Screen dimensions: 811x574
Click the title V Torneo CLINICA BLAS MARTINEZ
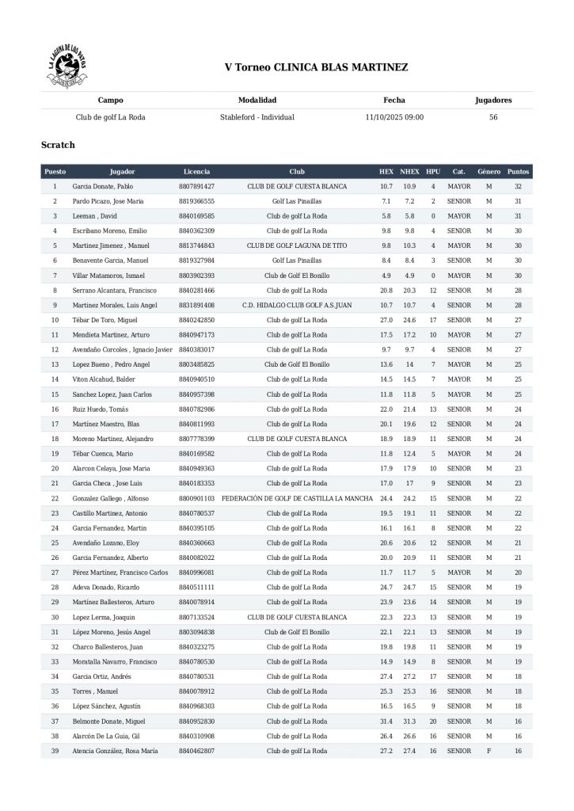(317, 68)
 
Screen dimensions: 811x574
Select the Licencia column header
(196, 171)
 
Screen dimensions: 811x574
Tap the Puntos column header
(518, 171)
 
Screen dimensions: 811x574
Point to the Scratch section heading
(58, 145)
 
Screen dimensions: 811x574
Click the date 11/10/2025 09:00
(394, 116)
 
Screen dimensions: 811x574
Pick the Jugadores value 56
(493, 116)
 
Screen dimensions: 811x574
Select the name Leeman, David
(94, 215)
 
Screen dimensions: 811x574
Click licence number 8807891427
(197, 186)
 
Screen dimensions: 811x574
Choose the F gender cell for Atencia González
(488, 750)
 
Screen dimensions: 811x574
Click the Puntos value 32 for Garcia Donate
(518, 186)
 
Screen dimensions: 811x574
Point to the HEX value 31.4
(386, 722)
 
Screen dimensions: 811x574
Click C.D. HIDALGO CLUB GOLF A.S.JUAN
(297, 305)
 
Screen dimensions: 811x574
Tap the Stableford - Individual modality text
(257, 116)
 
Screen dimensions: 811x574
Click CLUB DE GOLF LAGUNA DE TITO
(297, 246)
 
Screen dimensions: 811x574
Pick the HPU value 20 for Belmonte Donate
(433, 722)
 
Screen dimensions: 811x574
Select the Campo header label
(110, 101)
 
